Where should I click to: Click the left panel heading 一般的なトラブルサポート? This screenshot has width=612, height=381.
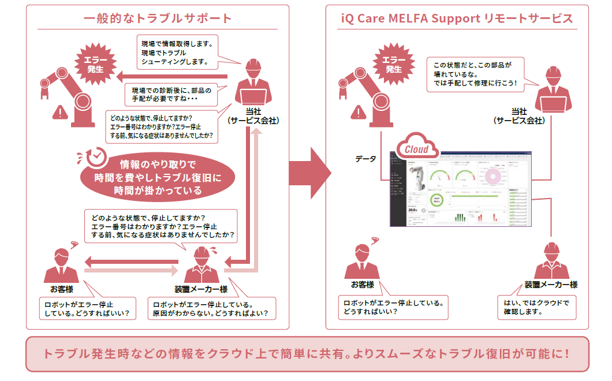click(x=158, y=18)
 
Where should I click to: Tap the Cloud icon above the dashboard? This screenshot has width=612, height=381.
click(x=416, y=148)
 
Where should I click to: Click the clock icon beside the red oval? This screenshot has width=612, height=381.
click(x=95, y=157)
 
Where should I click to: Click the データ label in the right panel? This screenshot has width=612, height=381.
click(x=366, y=158)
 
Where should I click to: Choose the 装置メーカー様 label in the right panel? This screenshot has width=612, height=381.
click(x=551, y=285)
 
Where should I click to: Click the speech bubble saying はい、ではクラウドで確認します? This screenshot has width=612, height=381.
click(x=536, y=307)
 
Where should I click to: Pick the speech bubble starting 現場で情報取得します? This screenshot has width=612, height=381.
click(x=180, y=52)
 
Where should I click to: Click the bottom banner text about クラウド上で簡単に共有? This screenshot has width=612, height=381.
click(x=307, y=353)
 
